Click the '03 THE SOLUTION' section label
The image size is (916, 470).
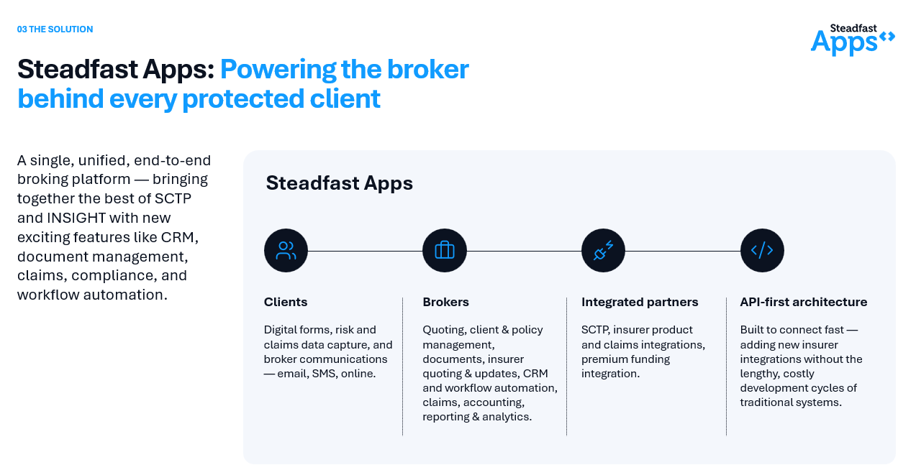click(x=55, y=29)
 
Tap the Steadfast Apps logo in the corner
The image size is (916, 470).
click(x=853, y=40)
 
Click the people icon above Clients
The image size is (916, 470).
click(x=286, y=250)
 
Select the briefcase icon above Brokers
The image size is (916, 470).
click(x=445, y=250)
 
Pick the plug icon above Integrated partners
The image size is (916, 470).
click(x=603, y=250)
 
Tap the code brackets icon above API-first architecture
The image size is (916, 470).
click(x=762, y=250)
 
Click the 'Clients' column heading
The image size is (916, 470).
click(x=286, y=302)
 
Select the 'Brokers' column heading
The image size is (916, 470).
click(x=445, y=302)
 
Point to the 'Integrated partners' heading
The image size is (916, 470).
click(x=640, y=302)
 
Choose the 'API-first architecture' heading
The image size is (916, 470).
click(x=804, y=302)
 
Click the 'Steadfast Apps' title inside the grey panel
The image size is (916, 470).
click(x=340, y=183)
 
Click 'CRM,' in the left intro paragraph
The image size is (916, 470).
click(x=179, y=237)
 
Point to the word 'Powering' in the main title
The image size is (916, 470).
click(x=278, y=70)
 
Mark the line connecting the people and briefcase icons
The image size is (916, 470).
click(x=365, y=251)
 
